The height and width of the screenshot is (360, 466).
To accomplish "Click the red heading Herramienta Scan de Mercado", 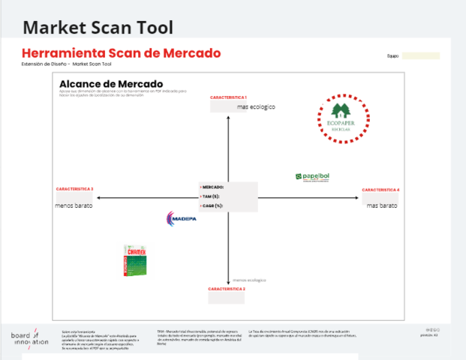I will coord(121,53).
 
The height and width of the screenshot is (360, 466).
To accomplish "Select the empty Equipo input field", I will coord(420,55).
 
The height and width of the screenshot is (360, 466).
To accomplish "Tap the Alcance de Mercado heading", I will coord(111,84).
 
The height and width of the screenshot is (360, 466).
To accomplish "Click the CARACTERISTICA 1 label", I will coord(228,98).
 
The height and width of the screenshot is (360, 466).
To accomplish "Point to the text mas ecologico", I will coord(256,107).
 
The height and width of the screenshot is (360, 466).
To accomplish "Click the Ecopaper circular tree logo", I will coord(344,116).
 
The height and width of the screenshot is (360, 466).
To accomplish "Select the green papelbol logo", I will coord(312,177).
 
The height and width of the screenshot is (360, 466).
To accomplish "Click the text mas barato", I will coord(381,205).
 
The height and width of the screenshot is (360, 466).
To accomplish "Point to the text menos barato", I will coord(73,204).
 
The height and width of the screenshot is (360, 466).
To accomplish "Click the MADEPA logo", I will coord(180,217).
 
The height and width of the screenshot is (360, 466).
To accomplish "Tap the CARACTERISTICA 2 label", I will coord(227,289).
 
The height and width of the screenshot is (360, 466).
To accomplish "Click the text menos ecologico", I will coord(249,280).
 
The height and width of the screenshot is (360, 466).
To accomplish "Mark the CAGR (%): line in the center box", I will coord(214,205).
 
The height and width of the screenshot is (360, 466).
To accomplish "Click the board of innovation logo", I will coord(30,337).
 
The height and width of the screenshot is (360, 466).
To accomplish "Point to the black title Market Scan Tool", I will coord(98,28).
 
